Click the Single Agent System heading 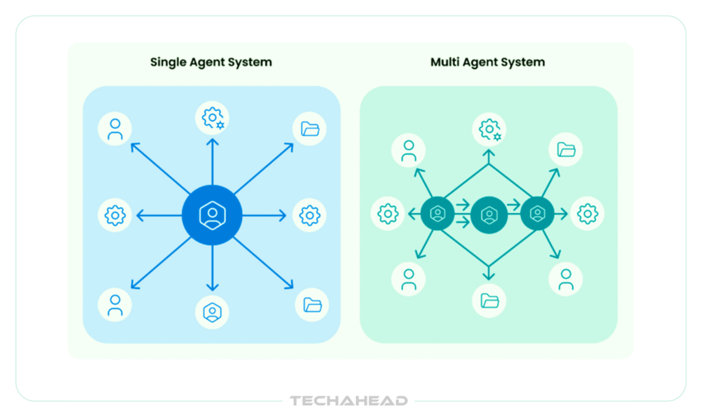point(211,62)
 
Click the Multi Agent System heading point(487,62)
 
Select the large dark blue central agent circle point(213,215)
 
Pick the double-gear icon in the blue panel point(213,118)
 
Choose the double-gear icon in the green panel point(489,129)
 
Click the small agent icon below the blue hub point(213,312)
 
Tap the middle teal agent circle point(489,215)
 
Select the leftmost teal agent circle point(437,214)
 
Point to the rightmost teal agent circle point(537,214)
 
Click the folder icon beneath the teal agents point(489,300)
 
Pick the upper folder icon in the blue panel point(311,129)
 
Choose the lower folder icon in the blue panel point(312,305)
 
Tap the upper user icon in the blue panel point(115,129)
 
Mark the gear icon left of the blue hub point(114,216)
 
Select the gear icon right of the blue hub point(310,216)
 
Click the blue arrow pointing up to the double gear point(213,161)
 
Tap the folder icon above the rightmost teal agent point(566,149)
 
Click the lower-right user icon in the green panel point(566,279)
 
